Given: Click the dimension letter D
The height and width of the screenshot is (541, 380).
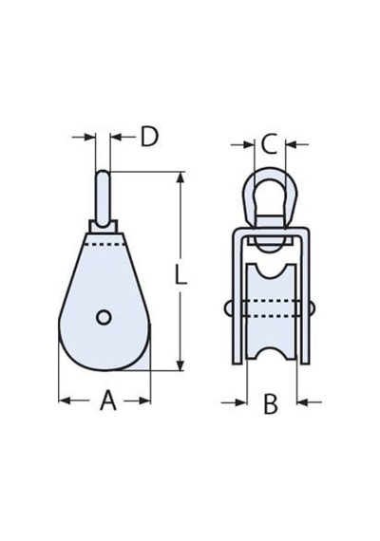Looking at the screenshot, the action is [x=149, y=137].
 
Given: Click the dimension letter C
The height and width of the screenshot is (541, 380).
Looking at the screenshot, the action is [x=269, y=144].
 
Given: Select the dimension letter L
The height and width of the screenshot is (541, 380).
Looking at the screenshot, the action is [x=180, y=274].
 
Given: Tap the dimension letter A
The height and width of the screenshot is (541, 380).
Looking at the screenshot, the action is [x=108, y=401].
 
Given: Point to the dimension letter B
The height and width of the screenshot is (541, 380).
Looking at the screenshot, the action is [x=271, y=404].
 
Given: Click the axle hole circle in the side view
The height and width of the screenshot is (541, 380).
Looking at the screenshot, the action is [x=104, y=317].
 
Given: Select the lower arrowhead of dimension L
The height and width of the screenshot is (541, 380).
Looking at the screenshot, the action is [x=180, y=365].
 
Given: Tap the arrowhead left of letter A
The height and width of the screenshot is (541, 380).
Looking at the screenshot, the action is [x=65, y=401].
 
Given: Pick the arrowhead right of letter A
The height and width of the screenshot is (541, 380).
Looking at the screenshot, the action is [x=144, y=401].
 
